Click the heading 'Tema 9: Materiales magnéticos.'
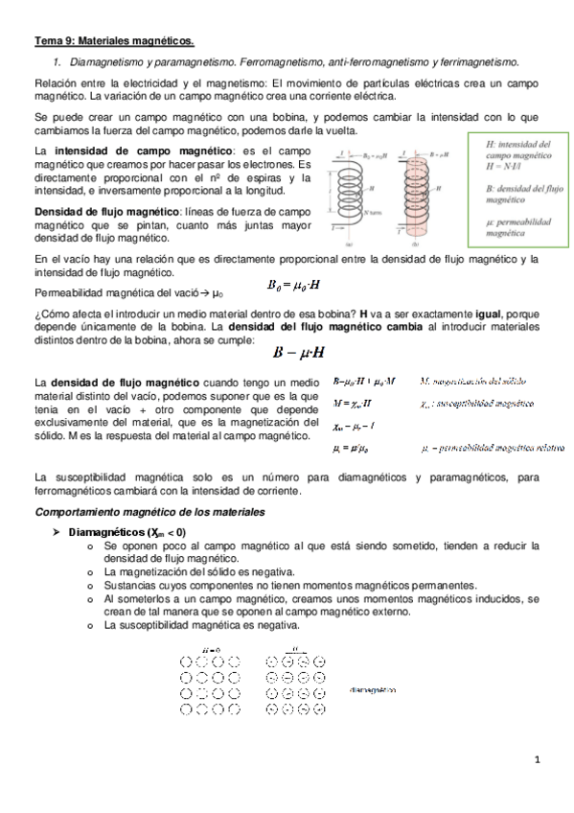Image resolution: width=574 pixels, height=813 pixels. coord(113,41)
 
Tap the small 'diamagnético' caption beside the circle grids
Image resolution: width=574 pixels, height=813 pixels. coord(373,689)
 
